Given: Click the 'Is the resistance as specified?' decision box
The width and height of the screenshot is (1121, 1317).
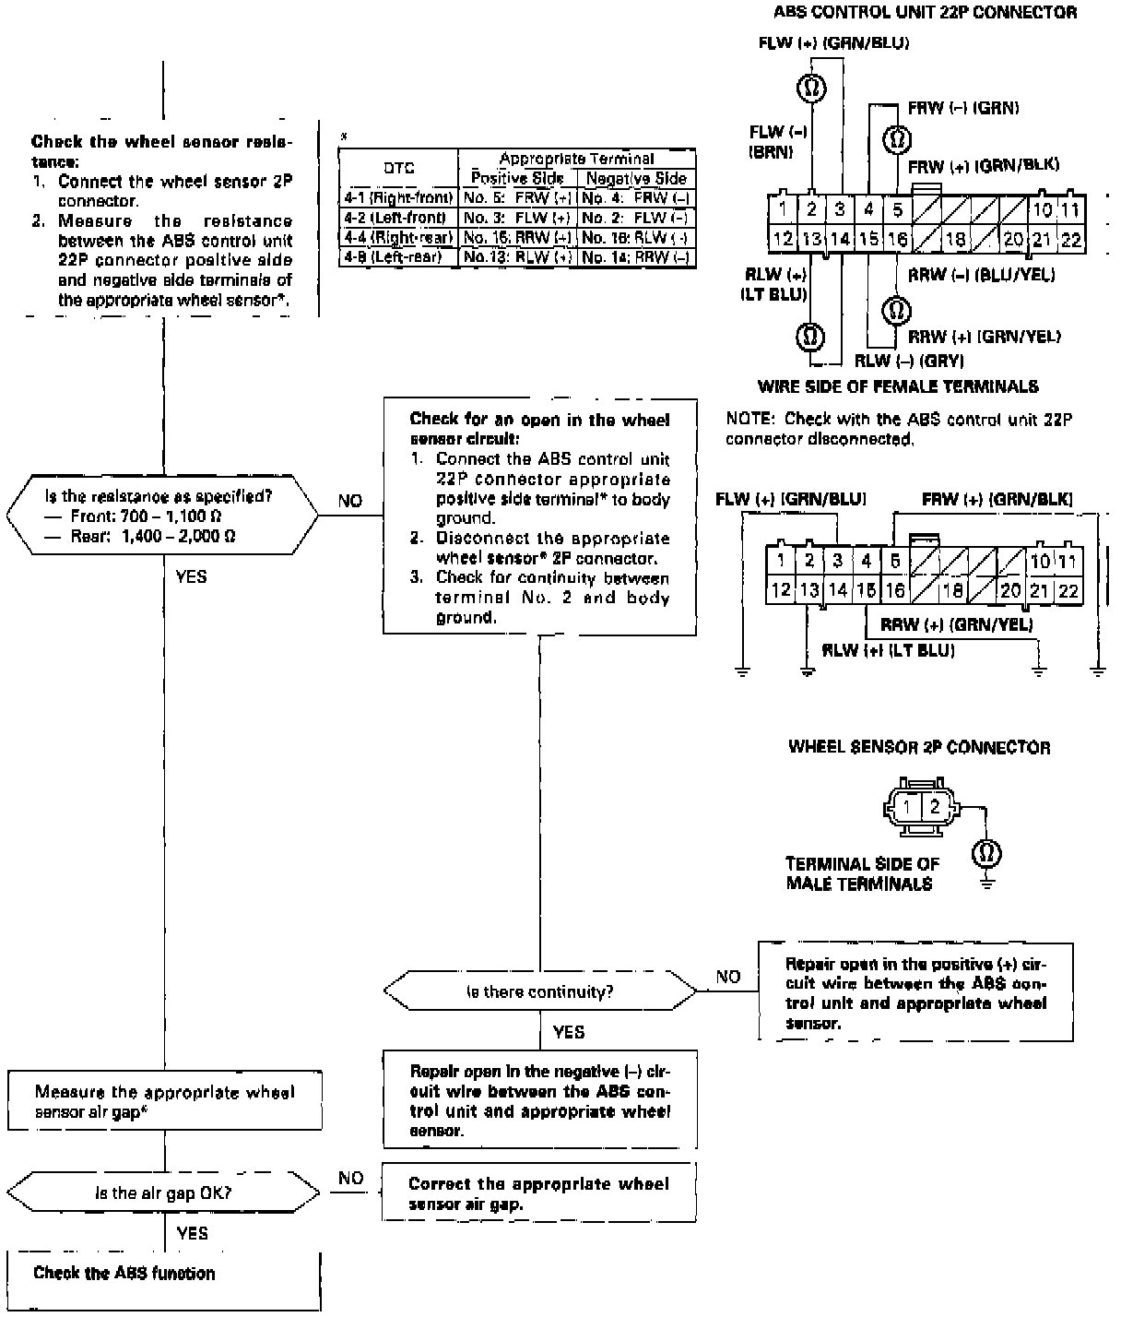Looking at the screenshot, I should [164, 515].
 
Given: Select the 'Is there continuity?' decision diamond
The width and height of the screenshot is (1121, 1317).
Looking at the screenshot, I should [540, 992].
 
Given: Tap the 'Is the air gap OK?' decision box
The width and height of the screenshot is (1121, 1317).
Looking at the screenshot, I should [164, 1192].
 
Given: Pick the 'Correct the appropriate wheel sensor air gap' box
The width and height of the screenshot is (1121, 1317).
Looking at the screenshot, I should [539, 1193].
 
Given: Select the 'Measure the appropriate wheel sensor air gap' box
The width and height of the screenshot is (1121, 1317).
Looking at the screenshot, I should [164, 1102].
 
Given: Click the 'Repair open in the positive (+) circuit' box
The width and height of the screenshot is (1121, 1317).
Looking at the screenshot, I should [915, 992].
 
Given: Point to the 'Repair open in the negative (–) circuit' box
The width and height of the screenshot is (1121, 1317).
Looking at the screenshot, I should [539, 1100].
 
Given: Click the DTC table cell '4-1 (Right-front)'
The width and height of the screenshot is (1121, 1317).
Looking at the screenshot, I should [398, 197].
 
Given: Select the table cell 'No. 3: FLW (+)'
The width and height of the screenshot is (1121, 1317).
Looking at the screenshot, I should [517, 218].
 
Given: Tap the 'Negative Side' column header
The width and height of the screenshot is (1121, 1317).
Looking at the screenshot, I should [636, 178].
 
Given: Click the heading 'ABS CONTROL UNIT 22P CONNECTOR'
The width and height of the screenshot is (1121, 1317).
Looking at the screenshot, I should [925, 13].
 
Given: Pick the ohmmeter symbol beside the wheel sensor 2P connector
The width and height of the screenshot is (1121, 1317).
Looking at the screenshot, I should [986, 853].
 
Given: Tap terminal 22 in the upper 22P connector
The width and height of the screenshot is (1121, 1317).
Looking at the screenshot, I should [1070, 239].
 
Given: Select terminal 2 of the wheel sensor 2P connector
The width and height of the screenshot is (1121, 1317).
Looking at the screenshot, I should [935, 807].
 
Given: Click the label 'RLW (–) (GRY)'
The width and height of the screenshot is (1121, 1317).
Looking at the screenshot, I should [909, 361].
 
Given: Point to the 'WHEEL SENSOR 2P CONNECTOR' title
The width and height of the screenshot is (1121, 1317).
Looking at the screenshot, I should [919, 747].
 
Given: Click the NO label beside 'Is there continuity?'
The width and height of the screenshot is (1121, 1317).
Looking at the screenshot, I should [728, 977].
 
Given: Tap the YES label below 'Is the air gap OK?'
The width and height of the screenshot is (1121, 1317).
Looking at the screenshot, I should [192, 1233].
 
